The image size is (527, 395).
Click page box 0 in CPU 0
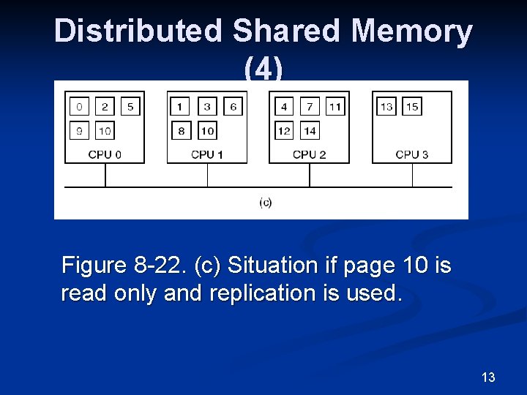pos(79,107)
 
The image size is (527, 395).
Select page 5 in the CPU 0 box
pos(130,107)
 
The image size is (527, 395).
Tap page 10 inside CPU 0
pos(105,131)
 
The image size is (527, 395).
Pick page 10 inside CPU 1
pos(207,131)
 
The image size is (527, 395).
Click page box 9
pos(79,131)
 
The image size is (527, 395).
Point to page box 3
pos(207,107)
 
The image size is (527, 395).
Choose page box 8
pos(182,131)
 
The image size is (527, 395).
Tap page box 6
pos(233,107)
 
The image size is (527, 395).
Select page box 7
pos(310,107)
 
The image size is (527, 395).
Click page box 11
pos(335,107)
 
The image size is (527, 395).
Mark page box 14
pos(310,131)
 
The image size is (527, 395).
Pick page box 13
pos(386,107)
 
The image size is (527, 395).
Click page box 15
pos(412,107)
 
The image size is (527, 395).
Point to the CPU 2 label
pos(309,154)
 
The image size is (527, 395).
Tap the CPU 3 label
pos(411,154)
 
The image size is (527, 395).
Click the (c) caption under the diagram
pos(265,203)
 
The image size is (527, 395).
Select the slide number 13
pos(488,377)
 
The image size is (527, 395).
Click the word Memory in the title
pos(412,31)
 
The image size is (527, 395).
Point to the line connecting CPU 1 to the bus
pos(207,175)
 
